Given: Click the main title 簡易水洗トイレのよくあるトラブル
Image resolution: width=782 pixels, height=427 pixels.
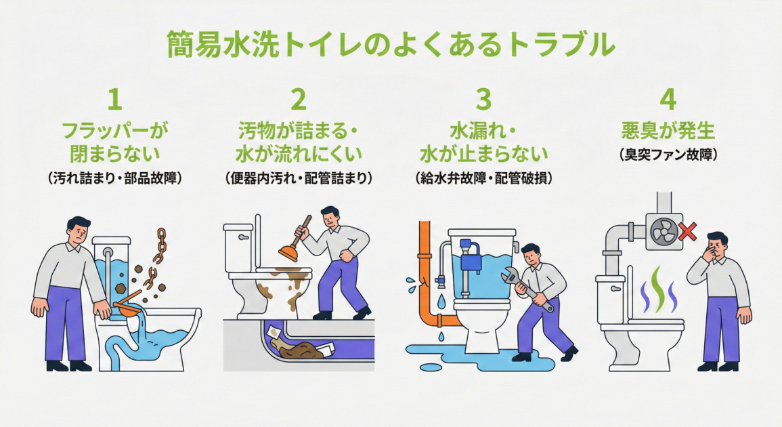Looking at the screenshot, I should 391,45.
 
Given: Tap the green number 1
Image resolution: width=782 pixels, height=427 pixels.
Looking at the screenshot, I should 115,99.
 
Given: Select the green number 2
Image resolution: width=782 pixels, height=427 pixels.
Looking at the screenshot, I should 299,99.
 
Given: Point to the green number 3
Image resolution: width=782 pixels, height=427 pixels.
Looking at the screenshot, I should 483,99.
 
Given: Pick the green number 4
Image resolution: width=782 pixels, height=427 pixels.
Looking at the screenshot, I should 668,99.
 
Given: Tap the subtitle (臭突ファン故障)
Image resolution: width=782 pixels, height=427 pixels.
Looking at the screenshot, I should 668,155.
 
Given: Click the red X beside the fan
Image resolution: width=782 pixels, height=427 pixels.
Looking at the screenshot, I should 688,233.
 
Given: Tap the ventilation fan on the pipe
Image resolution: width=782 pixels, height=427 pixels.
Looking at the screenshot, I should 662,230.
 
